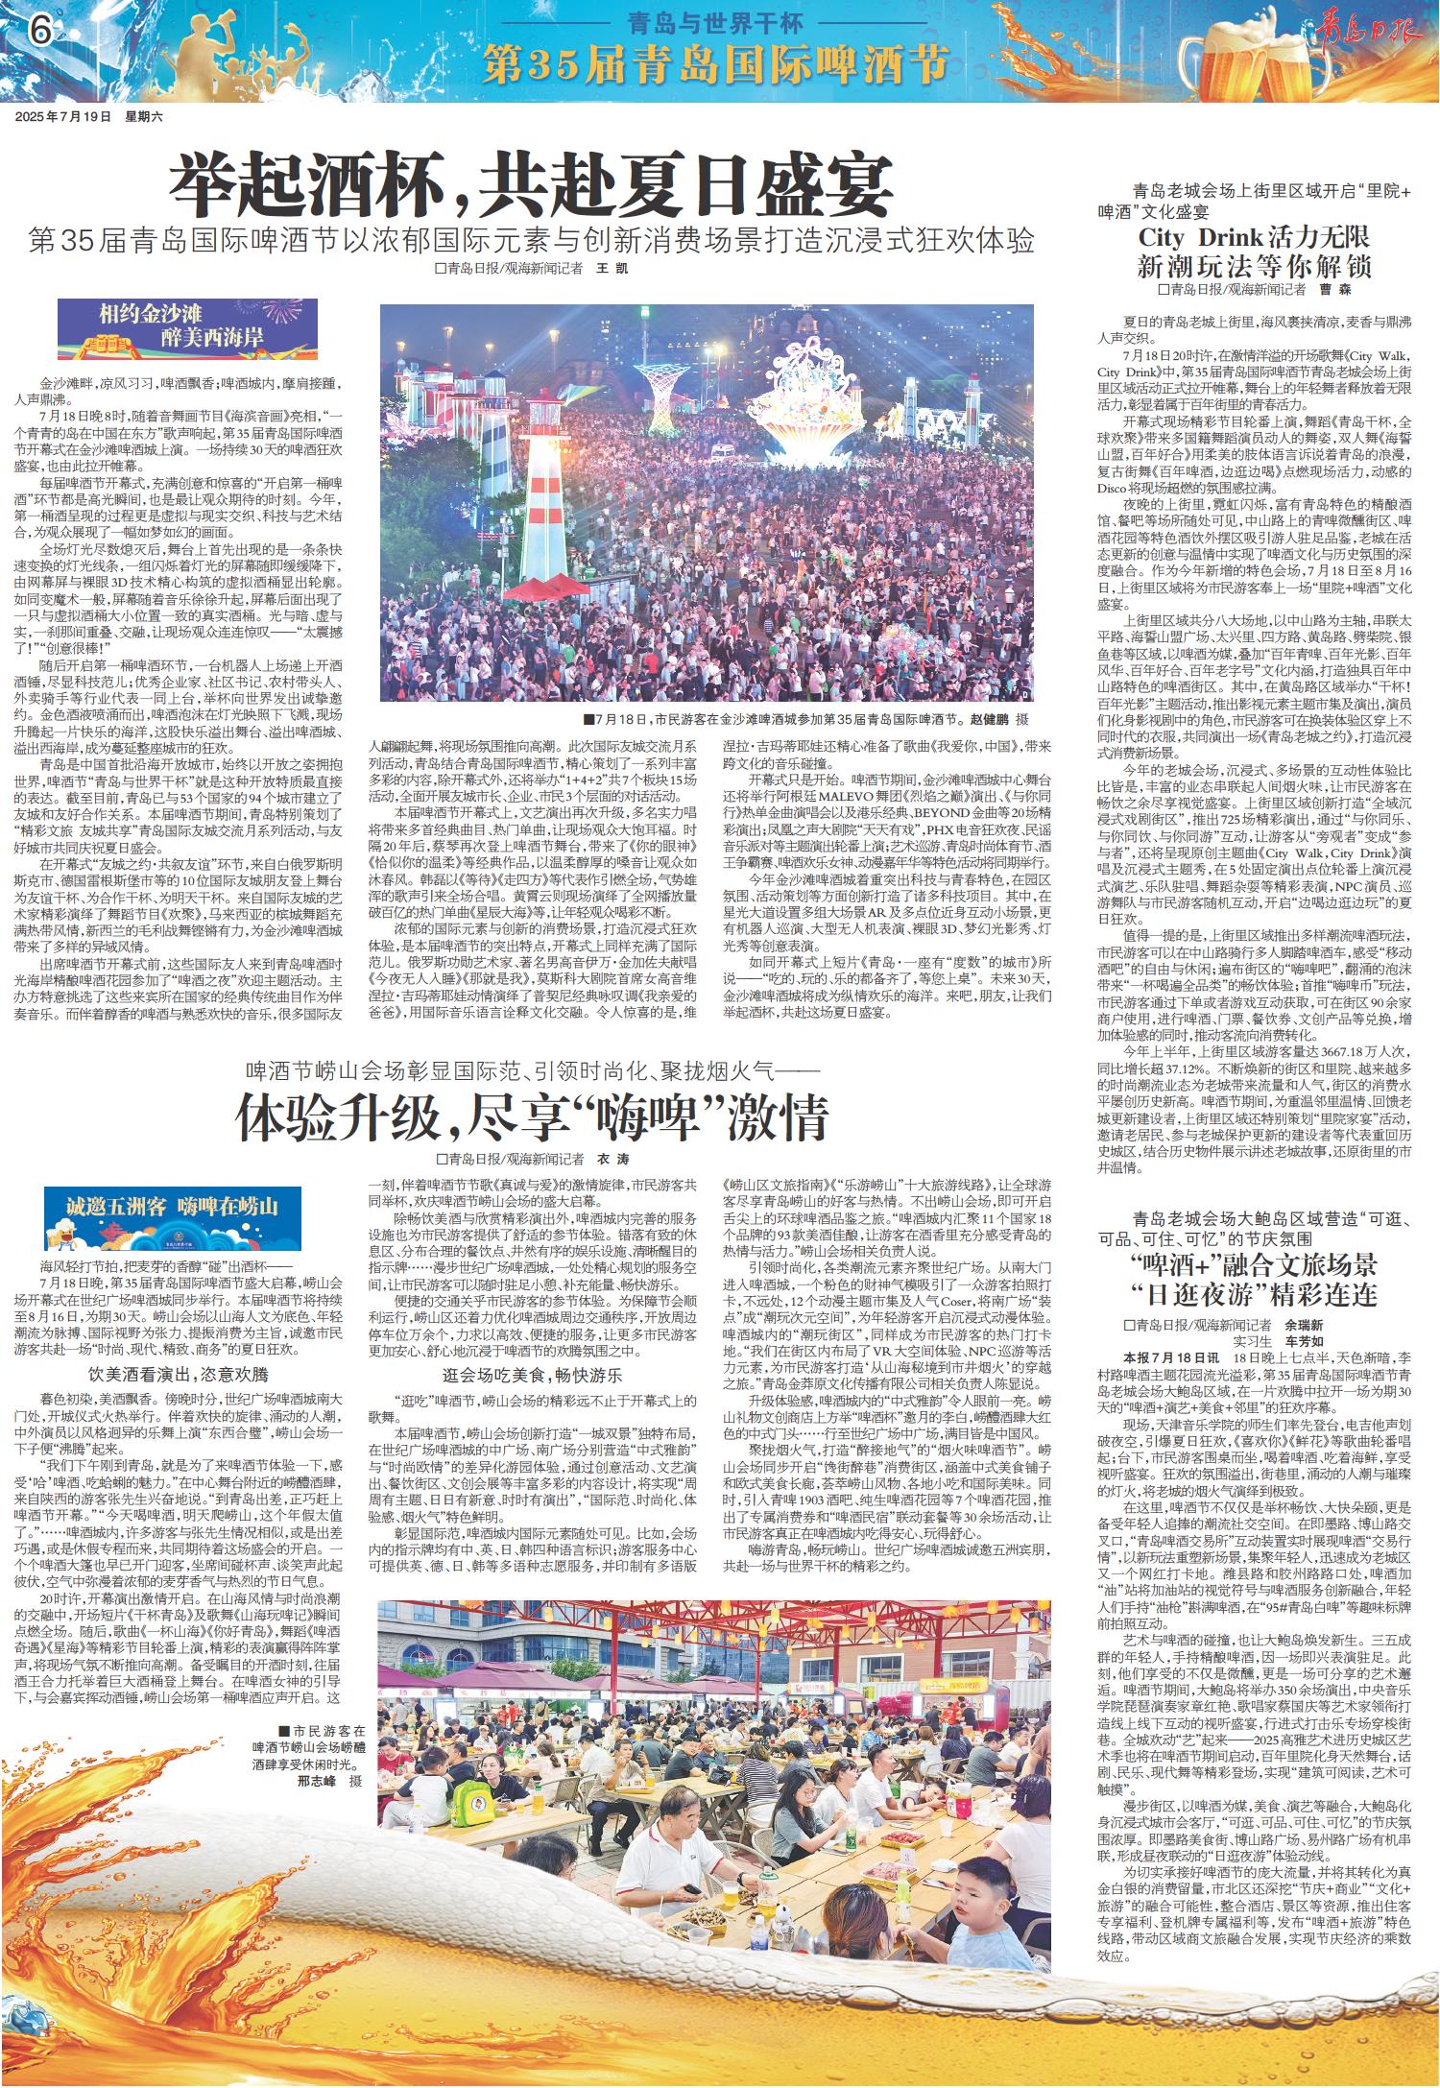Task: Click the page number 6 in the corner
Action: tap(39, 32)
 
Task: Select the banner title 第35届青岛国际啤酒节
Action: tap(711, 63)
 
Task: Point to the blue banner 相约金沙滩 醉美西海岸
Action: tap(187, 328)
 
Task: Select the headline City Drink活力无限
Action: tap(1254, 237)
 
